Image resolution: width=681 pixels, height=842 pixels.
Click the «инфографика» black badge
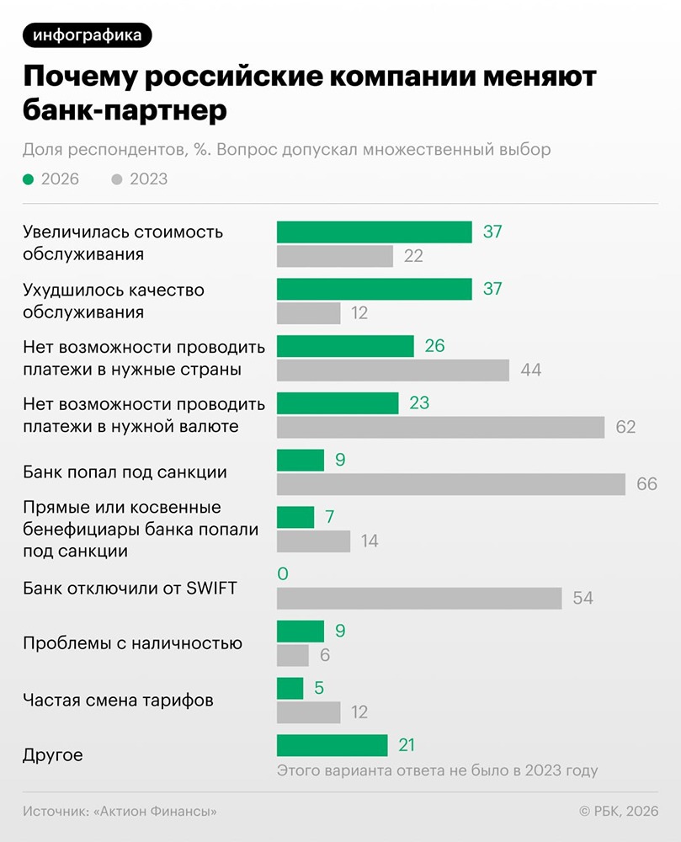point(88,35)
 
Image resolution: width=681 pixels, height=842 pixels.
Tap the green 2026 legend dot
point(29,179)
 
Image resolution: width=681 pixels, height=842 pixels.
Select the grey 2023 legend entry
point(139,179)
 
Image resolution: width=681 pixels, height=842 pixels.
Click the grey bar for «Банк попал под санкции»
point(450,484)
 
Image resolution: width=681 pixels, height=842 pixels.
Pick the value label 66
point(646,484)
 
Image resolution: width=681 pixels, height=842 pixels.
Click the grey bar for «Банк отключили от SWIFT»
point(419,598)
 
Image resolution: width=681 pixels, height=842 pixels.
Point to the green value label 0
point(283,574)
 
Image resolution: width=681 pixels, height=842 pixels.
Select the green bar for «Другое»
point(332,745)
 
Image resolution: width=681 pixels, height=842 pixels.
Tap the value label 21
point(407,745)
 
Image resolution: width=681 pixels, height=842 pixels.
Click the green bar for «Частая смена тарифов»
point(290,688)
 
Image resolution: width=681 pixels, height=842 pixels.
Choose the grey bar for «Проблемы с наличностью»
point(293,655)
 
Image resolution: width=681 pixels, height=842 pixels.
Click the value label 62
point(625,427)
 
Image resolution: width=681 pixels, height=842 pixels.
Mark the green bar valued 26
point(345,346)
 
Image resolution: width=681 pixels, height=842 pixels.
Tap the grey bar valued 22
point(335,256)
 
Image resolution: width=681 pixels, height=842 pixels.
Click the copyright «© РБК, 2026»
point(618,811)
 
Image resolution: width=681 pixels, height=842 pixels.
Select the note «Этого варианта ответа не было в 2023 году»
point(437,770)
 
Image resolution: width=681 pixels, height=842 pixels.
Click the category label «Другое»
point(53,755)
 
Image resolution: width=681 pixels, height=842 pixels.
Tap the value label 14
point(369,541)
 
